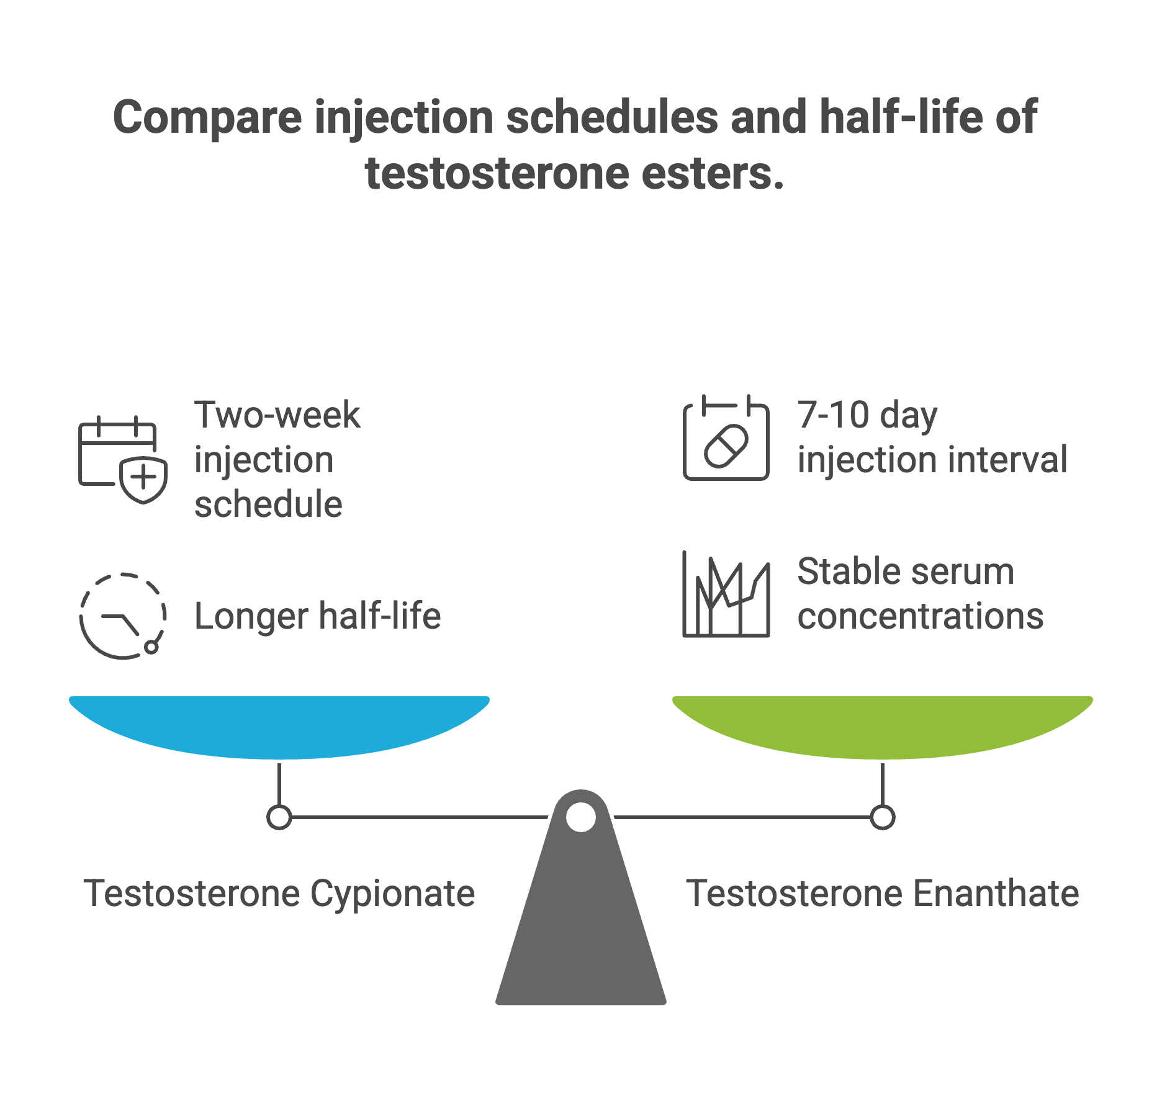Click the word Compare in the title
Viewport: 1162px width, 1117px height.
pos(207,118)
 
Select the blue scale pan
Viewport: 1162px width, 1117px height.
pos(279,726)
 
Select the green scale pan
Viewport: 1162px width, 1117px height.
pos(882,726)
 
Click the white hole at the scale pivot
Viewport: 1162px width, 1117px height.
pos(581,817)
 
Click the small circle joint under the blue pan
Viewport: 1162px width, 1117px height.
pos(279,817)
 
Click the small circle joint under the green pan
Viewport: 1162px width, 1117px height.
pos(882,817)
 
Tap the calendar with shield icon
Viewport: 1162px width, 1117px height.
pos(123,459)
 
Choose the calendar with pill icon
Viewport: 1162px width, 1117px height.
pos(726,438)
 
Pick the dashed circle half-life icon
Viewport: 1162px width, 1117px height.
pos(123,616)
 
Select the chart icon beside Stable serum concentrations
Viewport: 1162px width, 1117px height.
pos(726,594)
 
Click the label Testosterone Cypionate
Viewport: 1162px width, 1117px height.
pos(279,894)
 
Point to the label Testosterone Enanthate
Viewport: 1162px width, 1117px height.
pos(882,894)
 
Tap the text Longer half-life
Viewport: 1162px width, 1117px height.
pos(317,616)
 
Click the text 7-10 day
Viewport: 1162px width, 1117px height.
pos(867,415)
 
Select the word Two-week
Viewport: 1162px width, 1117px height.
pos(277,415)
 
